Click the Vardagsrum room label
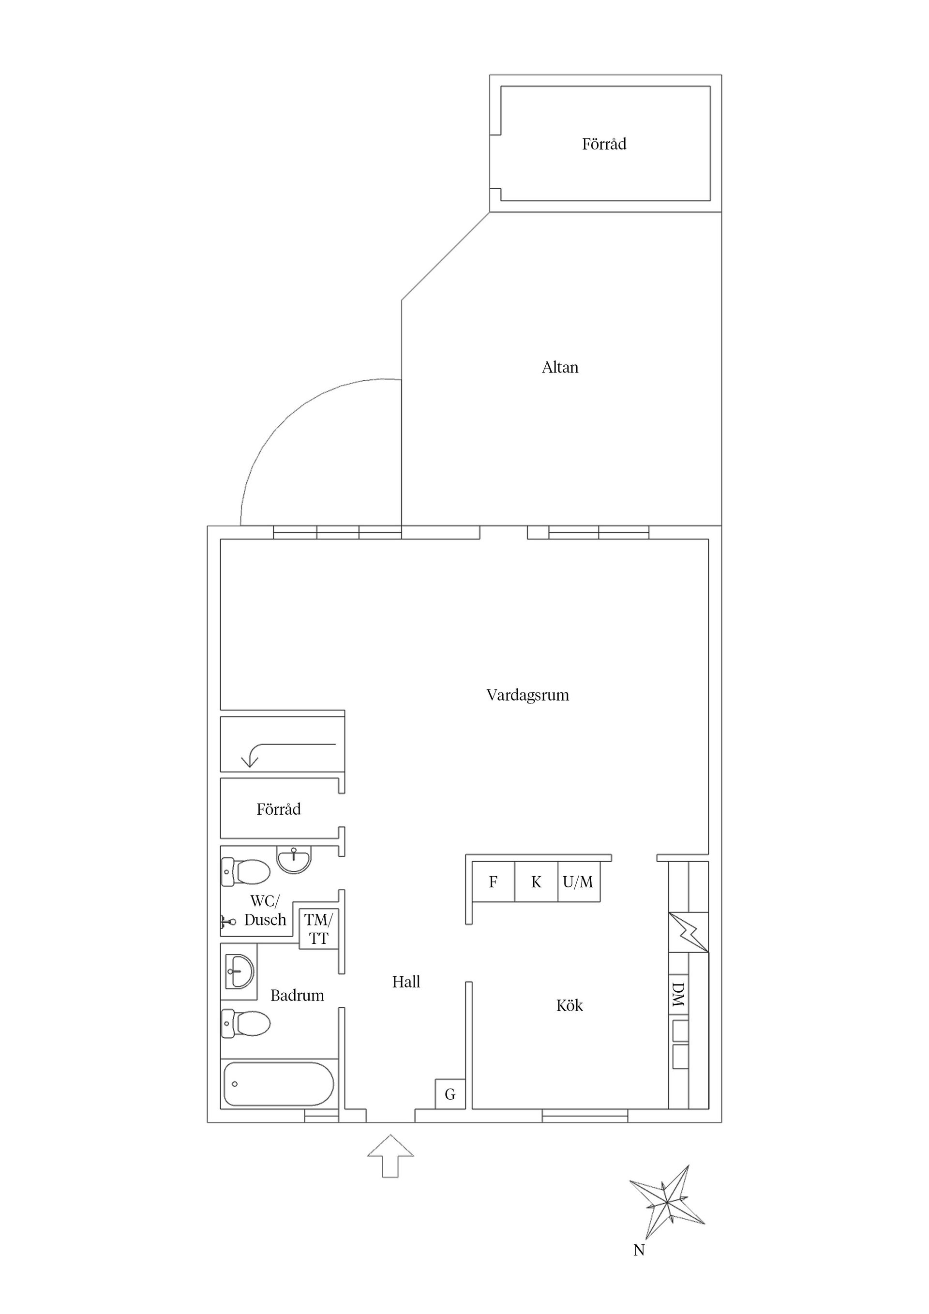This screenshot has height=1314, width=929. coord(528,695)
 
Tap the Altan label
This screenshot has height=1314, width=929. coord(560,367)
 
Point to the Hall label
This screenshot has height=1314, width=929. coord(406,982)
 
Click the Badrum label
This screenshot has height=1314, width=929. coord(297,995)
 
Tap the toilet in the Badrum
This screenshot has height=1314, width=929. coord(246,1023)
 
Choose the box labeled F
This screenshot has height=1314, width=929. coord(493,882)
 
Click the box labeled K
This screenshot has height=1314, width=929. coord(536,882)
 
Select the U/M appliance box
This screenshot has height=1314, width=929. coord(579,882)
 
